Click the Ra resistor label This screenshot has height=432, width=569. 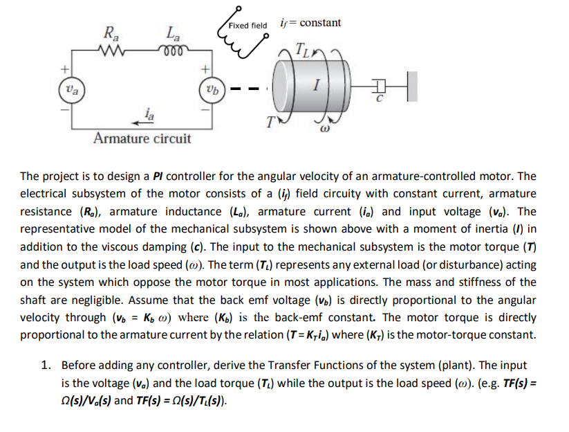coord(110,33)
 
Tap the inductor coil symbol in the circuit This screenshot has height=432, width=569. coord(171,51)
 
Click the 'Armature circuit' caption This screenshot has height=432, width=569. coord(142,138)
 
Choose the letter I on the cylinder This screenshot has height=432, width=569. coord(316,86)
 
